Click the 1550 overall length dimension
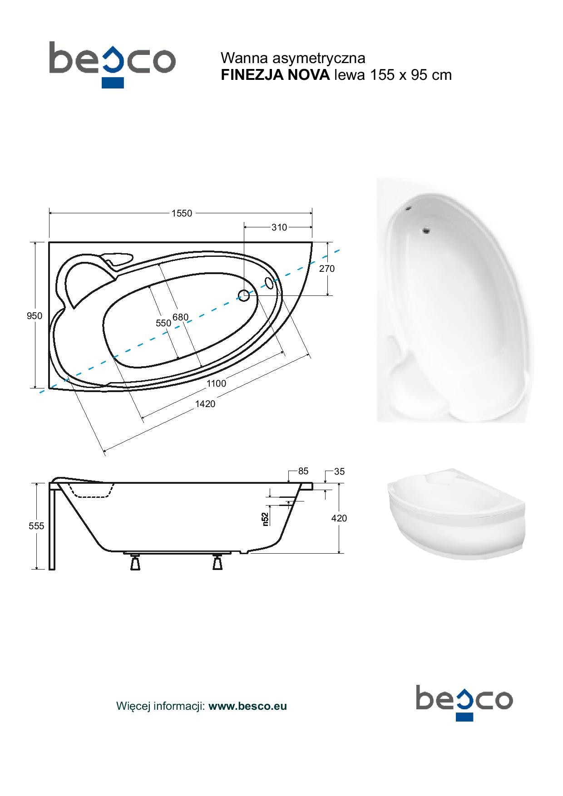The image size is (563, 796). click(182, 213)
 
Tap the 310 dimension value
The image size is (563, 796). click(279, 227)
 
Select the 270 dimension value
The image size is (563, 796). click(326, 269)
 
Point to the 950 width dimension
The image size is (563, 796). click(35, 316)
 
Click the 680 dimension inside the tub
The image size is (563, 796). click(180, 317)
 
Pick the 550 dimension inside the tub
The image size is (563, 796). click(163, 323)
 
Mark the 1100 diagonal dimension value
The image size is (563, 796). click(216, 383)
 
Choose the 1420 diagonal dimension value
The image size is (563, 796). click(205, 404)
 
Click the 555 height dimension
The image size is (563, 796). click(36, 526)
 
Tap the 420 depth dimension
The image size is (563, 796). click(339, 518)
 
